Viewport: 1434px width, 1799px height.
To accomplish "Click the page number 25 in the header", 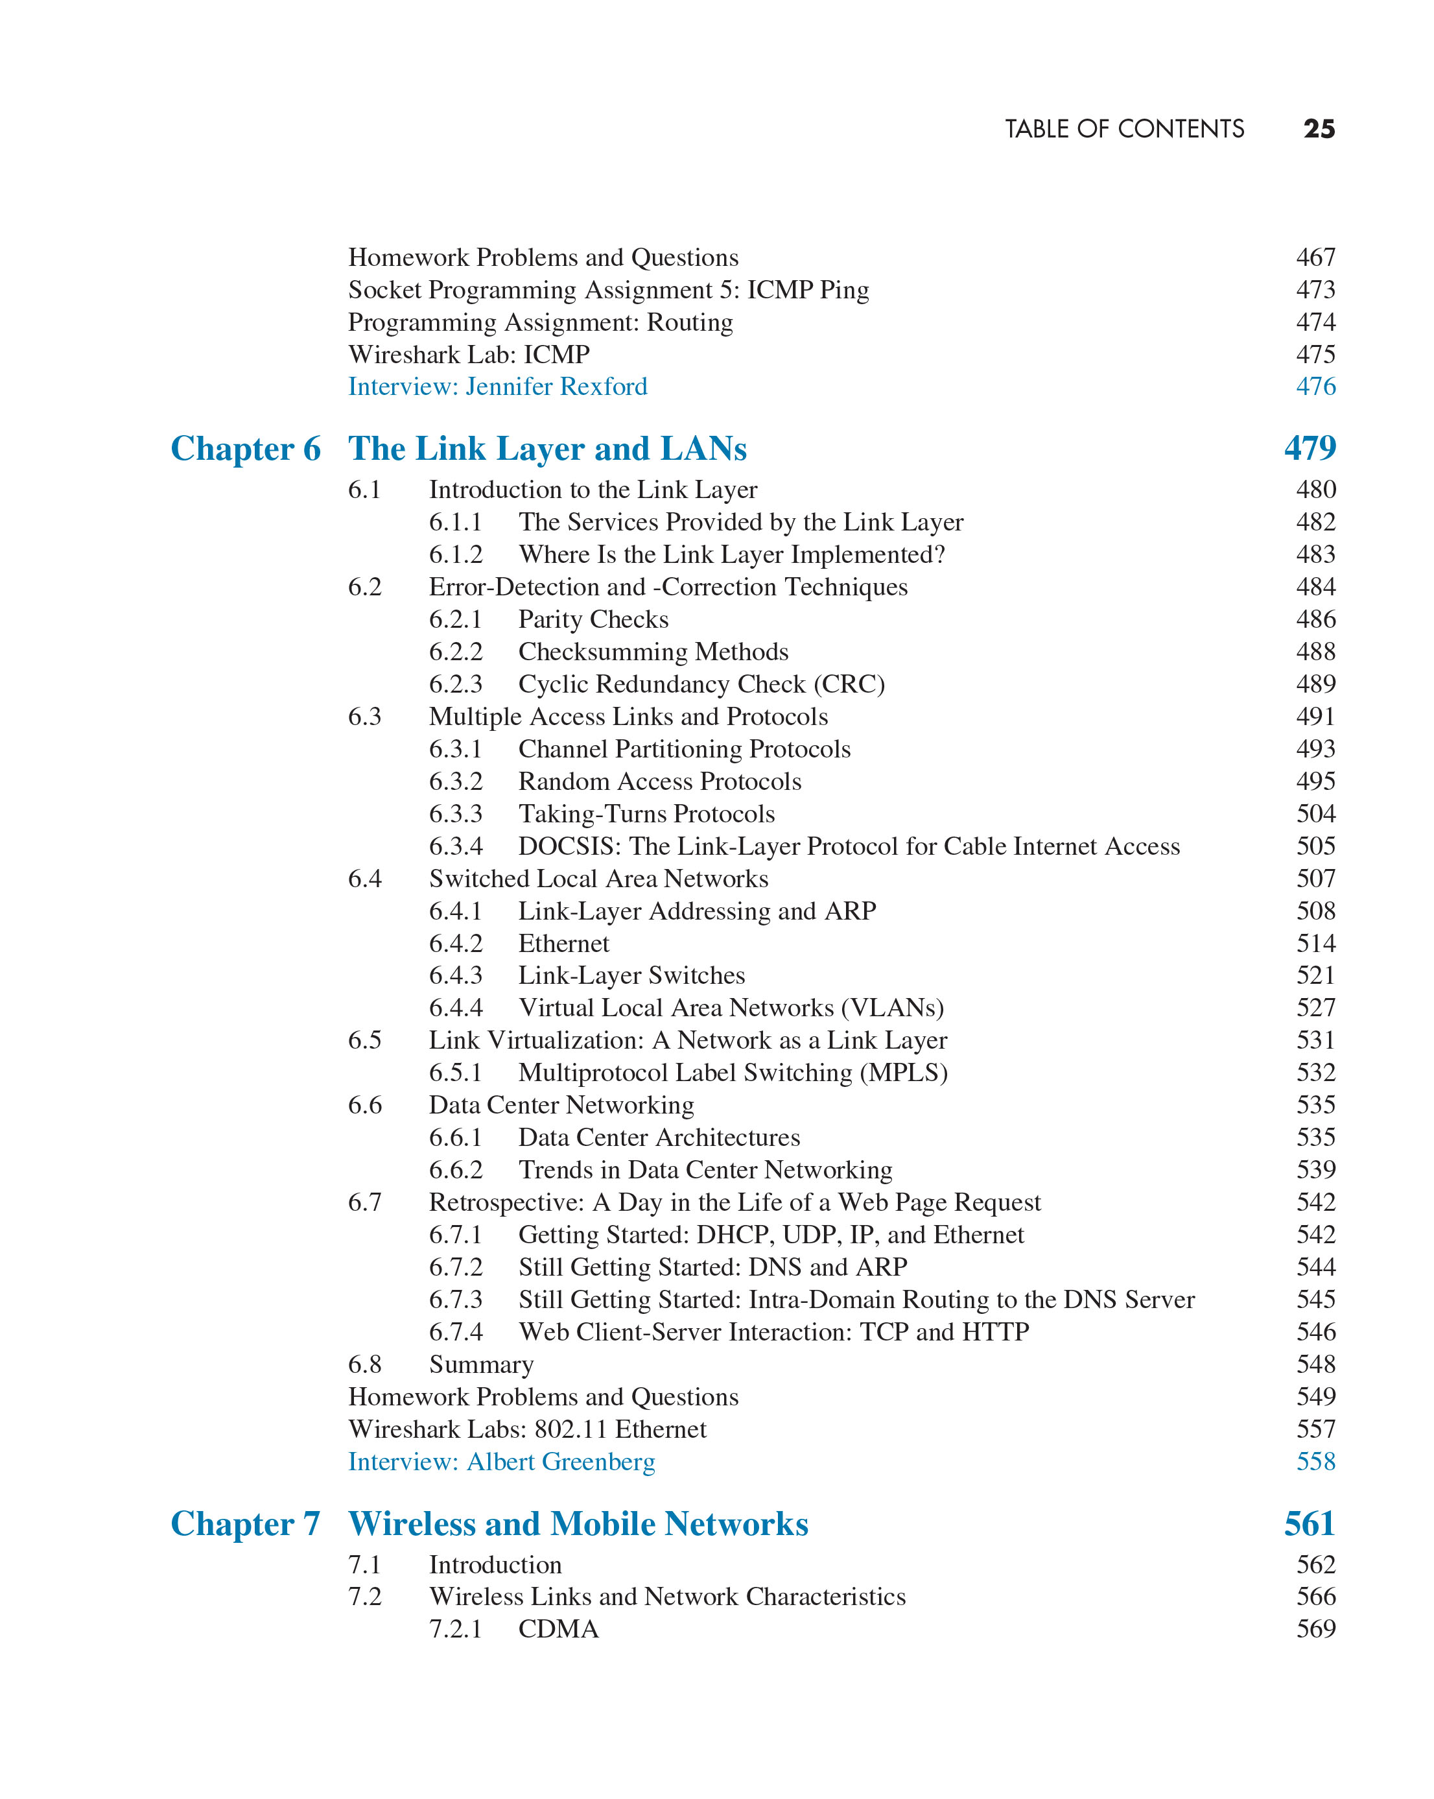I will (x=1318, y=129).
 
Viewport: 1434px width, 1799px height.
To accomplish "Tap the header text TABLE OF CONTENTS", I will (x=1123, y=129).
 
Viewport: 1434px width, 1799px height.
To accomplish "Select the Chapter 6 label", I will (x=245, y=449).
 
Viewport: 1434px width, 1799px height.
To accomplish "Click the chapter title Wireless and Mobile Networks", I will (x=577, y=1523).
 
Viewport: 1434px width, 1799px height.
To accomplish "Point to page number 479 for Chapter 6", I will (x=1310, y=448).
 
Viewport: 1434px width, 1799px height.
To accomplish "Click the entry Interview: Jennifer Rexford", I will (x=497, y=387).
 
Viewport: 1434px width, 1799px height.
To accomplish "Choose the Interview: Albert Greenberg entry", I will (x=501, y=1462).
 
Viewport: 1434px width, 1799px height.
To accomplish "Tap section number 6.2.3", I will (x=456, y=684).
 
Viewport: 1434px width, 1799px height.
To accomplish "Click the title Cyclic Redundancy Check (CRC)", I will (x=701, y=684).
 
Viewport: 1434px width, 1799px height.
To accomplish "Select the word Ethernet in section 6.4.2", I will (x=564, y=944).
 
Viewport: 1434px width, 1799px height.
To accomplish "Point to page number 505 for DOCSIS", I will (x=1315, y=846).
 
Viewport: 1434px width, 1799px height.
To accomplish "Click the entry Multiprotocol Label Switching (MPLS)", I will (x=733, y=1073).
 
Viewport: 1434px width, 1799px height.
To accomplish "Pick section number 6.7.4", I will (x=456, y=1333).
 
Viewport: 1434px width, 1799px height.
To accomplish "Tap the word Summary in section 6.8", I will (x=481, y=1365).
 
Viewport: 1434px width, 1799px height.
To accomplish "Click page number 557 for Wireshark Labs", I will (x=1315, y=1429).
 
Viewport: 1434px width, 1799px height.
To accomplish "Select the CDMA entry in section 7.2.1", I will (x=558, y=1630).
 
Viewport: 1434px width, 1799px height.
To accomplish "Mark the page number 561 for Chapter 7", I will (x=1310, y=1523).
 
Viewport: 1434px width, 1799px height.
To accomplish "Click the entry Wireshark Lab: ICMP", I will (x=469, y=355).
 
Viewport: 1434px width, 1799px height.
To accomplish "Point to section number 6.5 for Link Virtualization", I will (x=364, y=1040).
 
